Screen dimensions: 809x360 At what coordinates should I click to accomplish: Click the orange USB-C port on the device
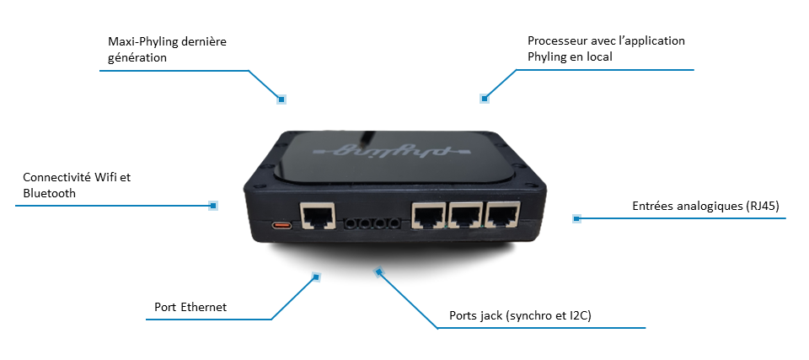(x=281, y=226)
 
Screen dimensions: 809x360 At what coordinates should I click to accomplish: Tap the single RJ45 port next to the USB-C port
(x=318, y=216)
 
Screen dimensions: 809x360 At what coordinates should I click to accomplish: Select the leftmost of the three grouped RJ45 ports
(x=428, y=215)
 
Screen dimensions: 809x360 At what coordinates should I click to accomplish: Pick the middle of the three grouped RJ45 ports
(x=465, y=215)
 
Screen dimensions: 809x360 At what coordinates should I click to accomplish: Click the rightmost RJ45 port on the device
(x=503, y=215)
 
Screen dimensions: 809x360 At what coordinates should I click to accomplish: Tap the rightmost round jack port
(x=394, y=223)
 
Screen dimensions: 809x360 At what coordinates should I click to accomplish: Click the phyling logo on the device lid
(x=381, y=150)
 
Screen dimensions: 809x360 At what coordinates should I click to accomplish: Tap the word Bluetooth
(x=50, y=193)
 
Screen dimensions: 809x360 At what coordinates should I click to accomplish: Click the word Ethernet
(x=204, y=308)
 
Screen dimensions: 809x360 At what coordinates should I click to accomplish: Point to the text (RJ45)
(x=762, y=206)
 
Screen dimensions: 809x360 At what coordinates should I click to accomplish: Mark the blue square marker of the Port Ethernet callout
(x=316, y=277)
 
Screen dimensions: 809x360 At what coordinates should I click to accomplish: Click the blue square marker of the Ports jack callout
(x=379, y=271)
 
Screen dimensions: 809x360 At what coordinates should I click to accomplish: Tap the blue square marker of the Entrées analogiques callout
(x=576, y=218)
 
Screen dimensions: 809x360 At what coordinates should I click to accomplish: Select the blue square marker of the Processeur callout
(x=484, y=98)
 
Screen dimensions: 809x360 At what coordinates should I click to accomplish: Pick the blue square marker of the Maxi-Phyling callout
(x=281, y=99)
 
